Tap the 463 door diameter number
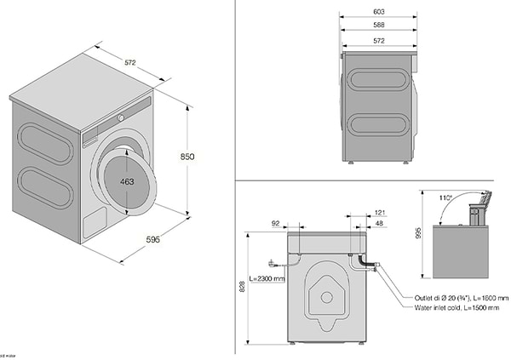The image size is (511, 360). [126, 182]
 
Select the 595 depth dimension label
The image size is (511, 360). [152, 240]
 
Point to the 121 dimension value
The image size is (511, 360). [381, 212]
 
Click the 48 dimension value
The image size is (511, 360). [379, 224]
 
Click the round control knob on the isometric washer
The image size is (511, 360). [122, 117]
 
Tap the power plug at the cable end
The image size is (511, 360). [271, 262]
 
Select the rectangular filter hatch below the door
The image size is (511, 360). [92, 224]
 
